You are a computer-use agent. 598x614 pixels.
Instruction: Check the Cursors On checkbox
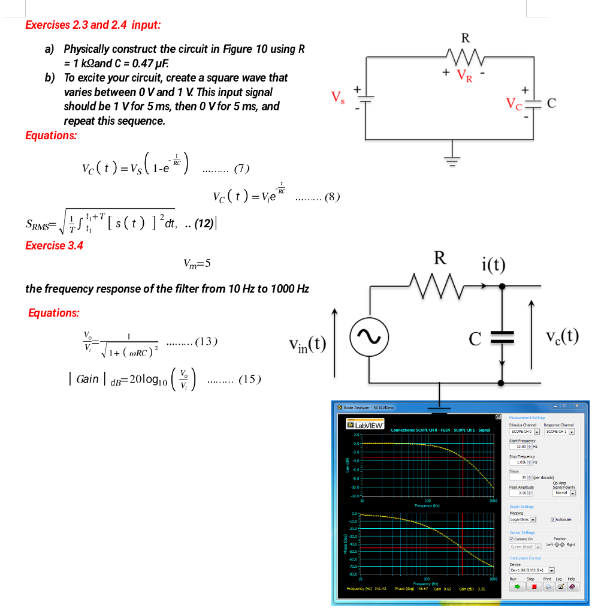click(x=511, y=539)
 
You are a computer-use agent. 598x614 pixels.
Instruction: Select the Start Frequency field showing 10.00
click(x=519, y=446)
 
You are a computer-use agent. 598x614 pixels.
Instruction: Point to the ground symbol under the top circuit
click(x=452, y=160)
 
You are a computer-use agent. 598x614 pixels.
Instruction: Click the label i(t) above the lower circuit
click(x=493, y=264)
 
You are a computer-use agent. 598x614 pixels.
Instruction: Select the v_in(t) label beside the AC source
click(x=307, y=344)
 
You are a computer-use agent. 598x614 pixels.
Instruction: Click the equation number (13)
click(x=206, y=342)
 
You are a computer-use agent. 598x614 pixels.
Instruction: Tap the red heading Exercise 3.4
click(x=55, y=245)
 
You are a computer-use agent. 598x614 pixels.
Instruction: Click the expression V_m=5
click(x=197, y=263)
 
